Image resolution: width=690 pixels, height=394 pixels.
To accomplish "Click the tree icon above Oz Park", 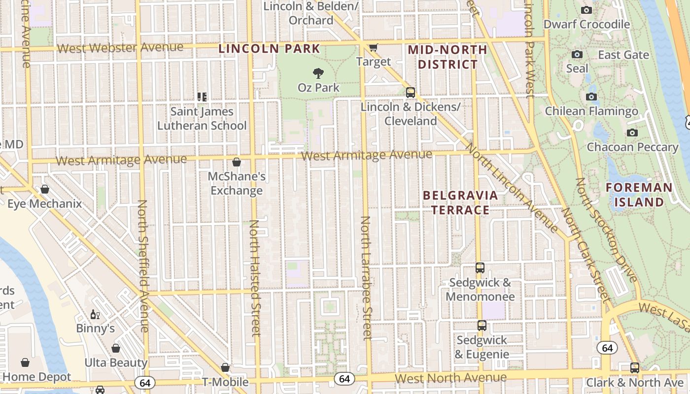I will point(318,73).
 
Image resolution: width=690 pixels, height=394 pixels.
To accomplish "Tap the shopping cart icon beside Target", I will point(373,47).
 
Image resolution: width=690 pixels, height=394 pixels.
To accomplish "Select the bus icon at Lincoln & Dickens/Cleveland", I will point(410,92).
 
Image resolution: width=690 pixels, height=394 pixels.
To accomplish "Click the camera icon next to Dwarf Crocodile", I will point(586,10).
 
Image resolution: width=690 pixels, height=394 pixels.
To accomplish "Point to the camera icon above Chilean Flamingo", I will point(591,97).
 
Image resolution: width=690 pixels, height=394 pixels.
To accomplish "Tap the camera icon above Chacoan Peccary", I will point(632,132).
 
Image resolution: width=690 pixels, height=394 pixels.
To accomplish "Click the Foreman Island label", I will point(639,195).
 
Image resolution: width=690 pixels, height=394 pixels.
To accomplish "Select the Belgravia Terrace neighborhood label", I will point(461,202).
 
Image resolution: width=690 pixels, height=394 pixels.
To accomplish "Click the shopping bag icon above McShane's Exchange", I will point(237,162).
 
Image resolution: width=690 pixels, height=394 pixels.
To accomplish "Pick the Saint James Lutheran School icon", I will point(202,97).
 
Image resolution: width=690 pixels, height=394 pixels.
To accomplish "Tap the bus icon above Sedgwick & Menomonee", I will point(480,268).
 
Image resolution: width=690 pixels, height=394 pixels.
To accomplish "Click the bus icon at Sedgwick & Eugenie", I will point(482,326).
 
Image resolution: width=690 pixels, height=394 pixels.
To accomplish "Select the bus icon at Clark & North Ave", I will point(635,367).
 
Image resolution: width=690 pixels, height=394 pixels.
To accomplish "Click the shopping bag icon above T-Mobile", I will point(225,367).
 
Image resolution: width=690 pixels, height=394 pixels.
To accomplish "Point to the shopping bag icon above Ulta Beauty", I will point(116,348).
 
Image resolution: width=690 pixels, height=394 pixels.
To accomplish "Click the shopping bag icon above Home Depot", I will point(25,362).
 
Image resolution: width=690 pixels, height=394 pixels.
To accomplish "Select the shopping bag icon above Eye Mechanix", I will point(45,189).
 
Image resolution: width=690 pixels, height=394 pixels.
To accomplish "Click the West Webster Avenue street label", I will point(120,48).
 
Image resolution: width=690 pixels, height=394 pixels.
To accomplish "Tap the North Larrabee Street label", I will point(366,278).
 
